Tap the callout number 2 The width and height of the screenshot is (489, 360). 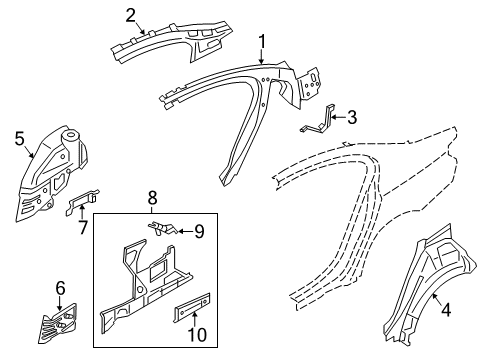click(131, 14)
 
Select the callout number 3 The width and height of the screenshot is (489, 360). click(351, 117)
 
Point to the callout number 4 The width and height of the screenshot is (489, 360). click(446, 310)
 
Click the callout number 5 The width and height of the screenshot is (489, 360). click(20, 138)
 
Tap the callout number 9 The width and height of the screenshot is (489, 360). click(198, 233)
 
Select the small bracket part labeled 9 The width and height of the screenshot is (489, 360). click(165, 229)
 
